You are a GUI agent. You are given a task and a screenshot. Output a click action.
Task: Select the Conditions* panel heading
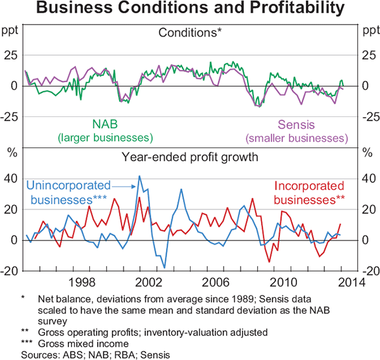click(190, 32)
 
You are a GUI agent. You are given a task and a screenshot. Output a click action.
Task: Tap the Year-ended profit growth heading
click(190, 157)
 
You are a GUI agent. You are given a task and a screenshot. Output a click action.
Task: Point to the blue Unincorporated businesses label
click(68, 192)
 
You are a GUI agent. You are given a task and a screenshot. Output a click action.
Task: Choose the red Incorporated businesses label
click(309, 192)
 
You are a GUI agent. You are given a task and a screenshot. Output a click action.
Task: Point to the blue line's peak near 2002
click(139, 177)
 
